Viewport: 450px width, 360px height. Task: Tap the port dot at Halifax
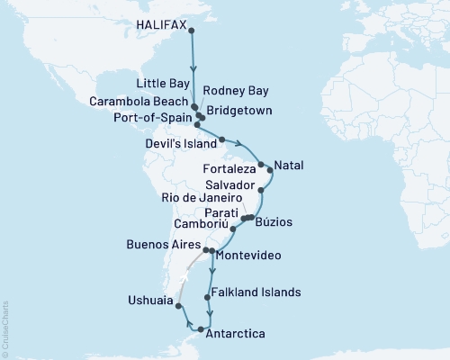(x=191, y=30)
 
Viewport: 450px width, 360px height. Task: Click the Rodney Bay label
(x=232, y=90)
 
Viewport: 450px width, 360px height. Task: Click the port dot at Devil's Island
(x=221, y=139)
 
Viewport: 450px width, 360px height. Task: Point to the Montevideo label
(x=249, y=256)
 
